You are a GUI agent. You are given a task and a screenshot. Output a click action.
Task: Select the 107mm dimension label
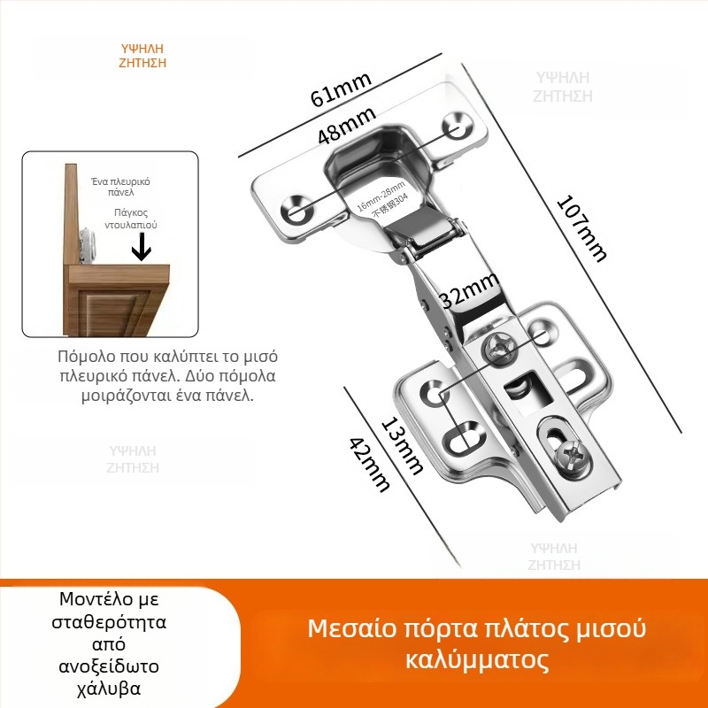581,227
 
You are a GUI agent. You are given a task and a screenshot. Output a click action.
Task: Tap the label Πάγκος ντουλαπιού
135,219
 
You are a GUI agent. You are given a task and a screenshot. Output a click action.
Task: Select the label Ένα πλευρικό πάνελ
120,186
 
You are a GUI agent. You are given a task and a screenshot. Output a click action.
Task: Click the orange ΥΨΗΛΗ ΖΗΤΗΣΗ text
142,56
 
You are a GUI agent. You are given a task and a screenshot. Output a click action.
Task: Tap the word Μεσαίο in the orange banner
345,629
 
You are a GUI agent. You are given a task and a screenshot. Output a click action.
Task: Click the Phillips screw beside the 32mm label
499,348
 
